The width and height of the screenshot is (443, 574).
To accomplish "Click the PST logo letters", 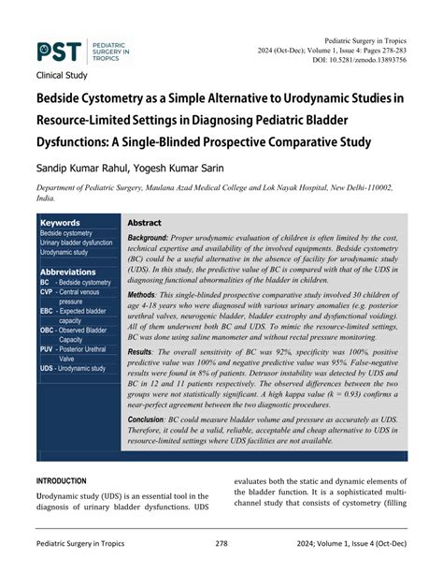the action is tap(59, 52).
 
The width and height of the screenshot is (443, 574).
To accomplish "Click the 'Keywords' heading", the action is tap(60, 222).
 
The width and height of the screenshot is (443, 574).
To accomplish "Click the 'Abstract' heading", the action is tap(144, 223).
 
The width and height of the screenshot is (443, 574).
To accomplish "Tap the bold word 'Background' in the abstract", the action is tap(154, 240).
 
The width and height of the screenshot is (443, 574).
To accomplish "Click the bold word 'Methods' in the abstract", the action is tap(148, 294).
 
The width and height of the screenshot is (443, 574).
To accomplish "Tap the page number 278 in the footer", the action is tap(221, 543).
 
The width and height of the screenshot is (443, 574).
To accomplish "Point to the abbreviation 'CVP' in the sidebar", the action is tap(46, 292).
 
